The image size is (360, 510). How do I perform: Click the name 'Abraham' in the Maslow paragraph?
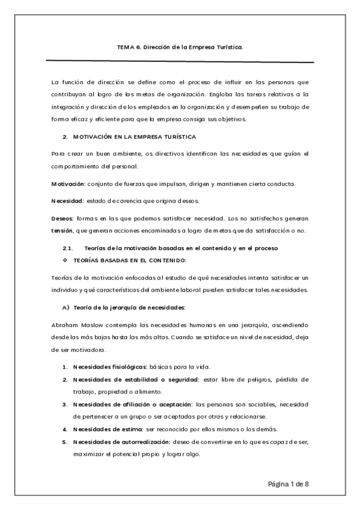pyautogui.click(x=66, y=324)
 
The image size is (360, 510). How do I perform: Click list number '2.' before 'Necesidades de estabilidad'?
pyautogui.click(x=65, y=380)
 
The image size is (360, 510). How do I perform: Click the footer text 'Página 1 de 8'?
pyautogui.click(x=288, y=484)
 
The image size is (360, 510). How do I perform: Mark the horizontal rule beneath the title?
pyautogui.click(x=180, y=61)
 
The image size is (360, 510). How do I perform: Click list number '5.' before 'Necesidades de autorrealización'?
pyautogui.click(x=65, y=442)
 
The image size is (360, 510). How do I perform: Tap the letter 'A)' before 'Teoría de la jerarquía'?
pyautogui.click(x=66, y=307)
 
